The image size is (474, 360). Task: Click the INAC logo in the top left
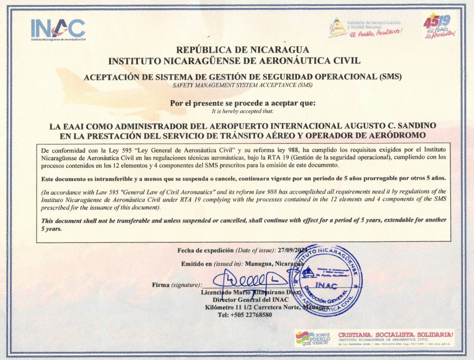58,29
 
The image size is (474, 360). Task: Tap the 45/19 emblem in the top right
439,27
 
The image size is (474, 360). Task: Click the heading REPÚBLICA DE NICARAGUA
237,50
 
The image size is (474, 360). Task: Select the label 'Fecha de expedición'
206,250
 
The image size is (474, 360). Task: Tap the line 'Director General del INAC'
237,300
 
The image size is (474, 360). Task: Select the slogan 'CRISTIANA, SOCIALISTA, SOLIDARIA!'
396,333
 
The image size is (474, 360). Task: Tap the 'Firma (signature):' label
177,285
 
